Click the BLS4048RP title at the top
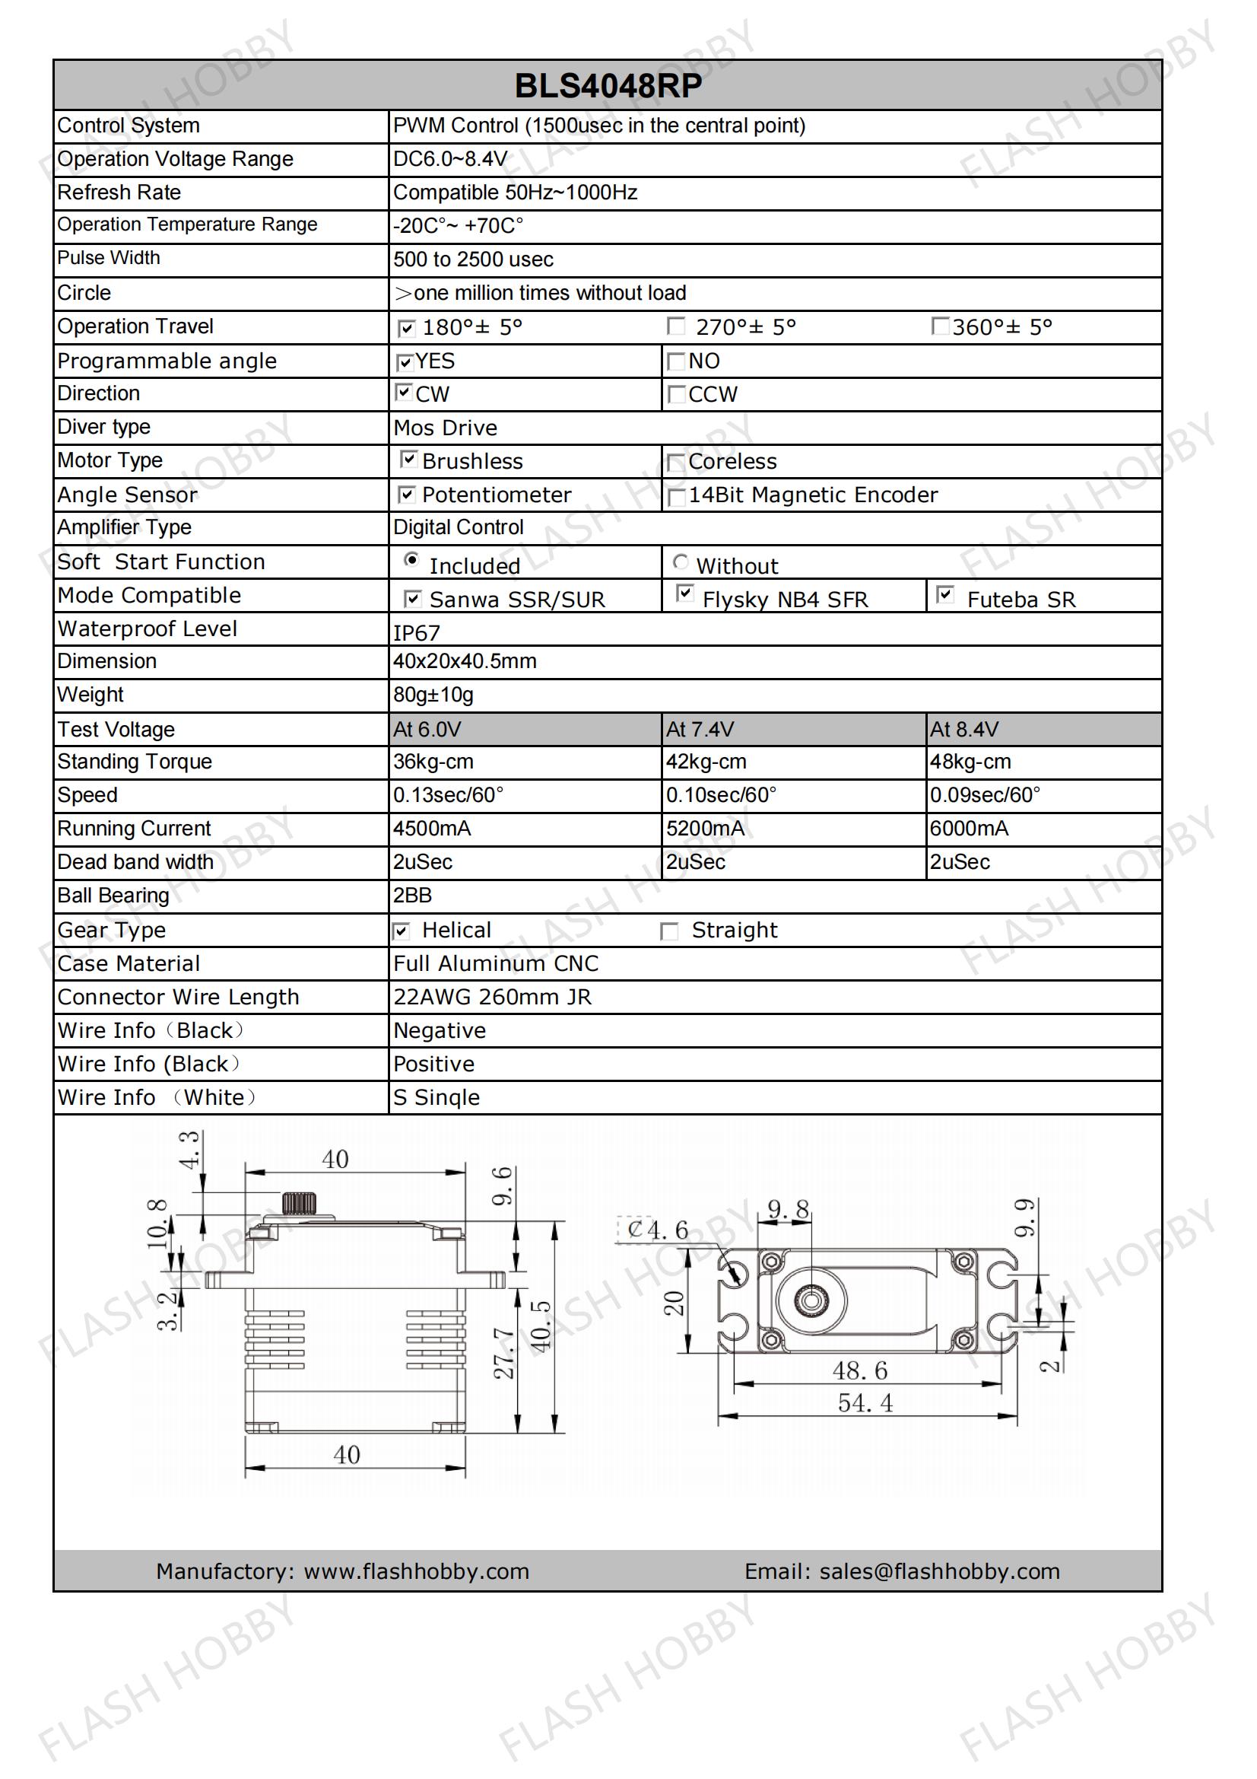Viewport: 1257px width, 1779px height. coord(608,86)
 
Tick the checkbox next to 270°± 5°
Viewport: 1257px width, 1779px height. coord(676,326)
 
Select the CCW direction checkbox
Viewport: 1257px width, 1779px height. coord(676,394)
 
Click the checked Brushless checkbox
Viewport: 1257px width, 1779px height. coord(408,459)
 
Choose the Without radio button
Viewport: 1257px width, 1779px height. coord(680,562)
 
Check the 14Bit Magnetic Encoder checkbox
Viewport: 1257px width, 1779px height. coord(676,496)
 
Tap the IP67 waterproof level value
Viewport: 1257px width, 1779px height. coord(417,633)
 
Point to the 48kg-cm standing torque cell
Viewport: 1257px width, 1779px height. coord(970,762)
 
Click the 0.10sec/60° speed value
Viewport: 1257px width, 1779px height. coord(721,795)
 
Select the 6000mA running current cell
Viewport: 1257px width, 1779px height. coord(969,829)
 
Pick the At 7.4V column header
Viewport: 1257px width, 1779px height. coord(700,729)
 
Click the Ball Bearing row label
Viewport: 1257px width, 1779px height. coord(113,896)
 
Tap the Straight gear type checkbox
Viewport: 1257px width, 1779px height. coord(669,931)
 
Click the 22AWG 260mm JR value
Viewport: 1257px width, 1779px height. coord(492,998)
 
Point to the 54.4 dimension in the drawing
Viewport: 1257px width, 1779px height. coord(865,1402)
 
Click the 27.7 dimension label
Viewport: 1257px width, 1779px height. coord(504,1354)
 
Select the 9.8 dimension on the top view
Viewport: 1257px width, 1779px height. coord(788,1210)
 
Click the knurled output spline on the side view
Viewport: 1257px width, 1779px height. coord(299,1203)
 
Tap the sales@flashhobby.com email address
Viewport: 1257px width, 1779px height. coord(939,1571)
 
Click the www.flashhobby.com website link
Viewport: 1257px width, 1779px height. coord(417,1571)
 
